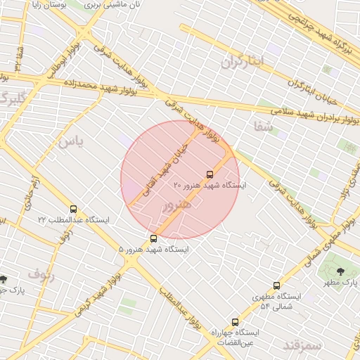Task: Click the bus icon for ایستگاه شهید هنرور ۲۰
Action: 210,174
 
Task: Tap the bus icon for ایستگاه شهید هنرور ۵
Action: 154,238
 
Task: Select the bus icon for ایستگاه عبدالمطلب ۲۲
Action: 74,209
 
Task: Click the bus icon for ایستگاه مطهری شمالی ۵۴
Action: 276,286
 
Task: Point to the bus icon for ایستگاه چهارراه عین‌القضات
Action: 234,322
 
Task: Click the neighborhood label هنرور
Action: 176,206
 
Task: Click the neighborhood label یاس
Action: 71,141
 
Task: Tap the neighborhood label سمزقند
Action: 302,345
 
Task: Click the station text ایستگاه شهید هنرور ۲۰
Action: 210,185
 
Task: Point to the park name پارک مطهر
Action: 342,282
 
